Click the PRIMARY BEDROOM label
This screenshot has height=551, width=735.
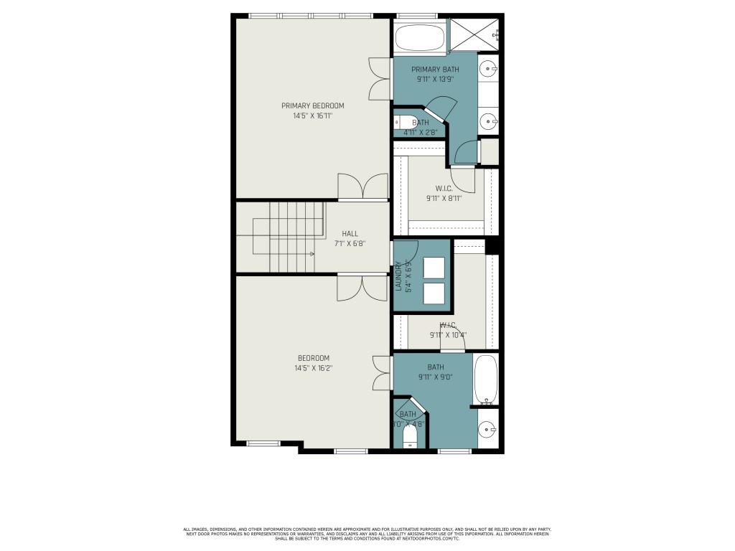click(313, 105)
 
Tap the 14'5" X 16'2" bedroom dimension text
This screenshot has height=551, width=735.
click(313, 368)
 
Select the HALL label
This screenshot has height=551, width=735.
click(350, 233)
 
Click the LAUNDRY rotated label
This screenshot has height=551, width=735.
click(399, 275)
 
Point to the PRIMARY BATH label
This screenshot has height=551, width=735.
click(435, 70)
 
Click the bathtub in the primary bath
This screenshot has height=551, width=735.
click(419, 37)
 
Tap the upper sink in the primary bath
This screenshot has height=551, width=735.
click(488, 70)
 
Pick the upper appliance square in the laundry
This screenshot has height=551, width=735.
click(434, 267)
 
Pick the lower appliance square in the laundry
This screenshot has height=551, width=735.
click(434, 293)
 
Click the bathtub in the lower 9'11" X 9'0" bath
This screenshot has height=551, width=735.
click(485, 380)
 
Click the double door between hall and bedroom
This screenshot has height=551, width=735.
click(363, 287)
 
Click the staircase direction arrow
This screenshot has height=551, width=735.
click(312, 254)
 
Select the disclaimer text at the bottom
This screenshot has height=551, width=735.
click(367, 533)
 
